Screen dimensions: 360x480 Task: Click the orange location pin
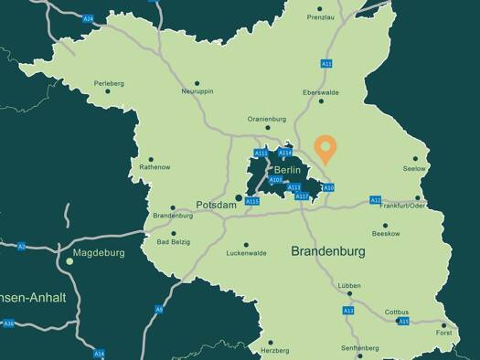point(325,148)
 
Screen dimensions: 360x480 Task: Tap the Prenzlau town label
point(321,17)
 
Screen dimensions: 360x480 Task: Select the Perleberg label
point(108,83)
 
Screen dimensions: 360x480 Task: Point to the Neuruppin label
point(197,91)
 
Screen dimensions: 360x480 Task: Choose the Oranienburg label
point(267,119)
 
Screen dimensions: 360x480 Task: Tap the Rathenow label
point(154,167)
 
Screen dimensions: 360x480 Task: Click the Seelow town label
point(414,169)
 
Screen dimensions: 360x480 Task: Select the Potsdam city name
point(217,206)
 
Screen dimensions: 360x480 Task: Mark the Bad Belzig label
point(175,242)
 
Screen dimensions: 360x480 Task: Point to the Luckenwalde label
point(246,253)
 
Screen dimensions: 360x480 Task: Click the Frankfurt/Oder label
point(402,206)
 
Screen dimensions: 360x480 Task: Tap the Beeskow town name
point(386,234)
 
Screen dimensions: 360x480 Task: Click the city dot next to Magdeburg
point(69,261)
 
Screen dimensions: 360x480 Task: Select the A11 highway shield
point(326,63)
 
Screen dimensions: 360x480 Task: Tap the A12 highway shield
point(375,199)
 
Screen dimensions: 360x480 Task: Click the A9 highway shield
point(158,310)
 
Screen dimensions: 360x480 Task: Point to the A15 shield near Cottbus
point(403,322)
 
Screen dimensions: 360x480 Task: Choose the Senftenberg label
point(360,348)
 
